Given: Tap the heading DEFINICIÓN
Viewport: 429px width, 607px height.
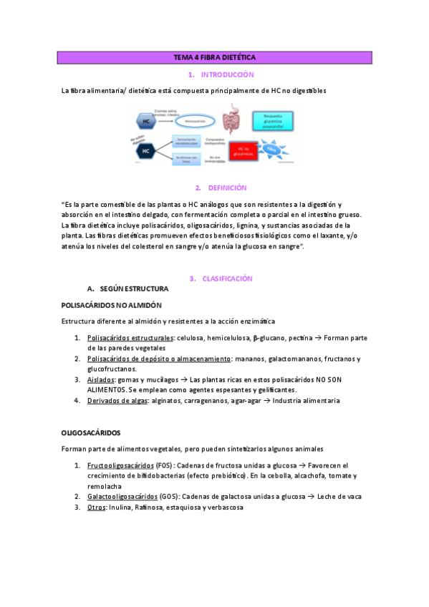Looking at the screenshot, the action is click(227, 188).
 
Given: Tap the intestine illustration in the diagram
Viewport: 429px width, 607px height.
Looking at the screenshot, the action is click(232, 121).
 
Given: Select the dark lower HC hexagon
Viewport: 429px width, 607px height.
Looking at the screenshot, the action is click(146, 152).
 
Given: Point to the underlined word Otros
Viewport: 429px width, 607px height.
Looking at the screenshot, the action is click(96, 508).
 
